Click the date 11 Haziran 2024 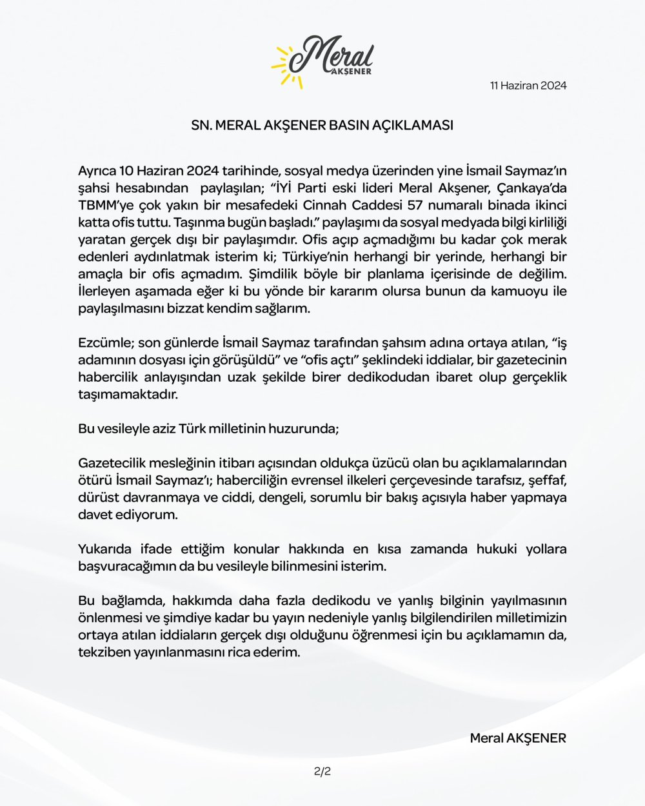(528, 86)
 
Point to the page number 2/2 (322, 771)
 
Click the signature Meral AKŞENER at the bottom (517, 738)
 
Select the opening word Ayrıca (96, 172)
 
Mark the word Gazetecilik (112, 463)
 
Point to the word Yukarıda (105, 549)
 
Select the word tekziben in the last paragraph (103, 652)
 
